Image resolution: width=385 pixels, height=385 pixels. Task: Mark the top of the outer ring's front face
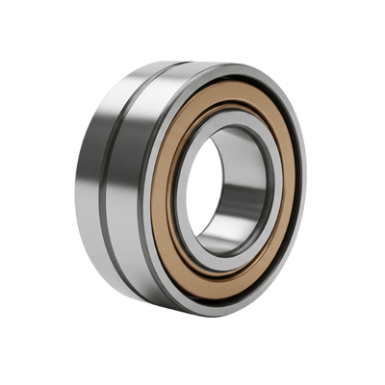[x=231, y=70]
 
